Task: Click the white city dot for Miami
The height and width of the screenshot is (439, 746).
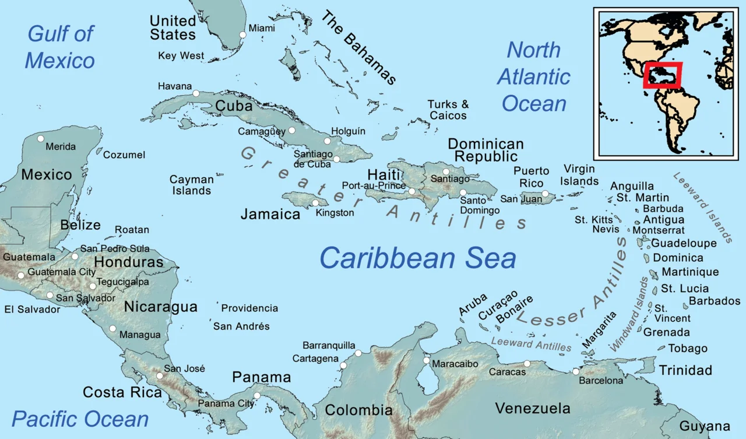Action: point(243,35)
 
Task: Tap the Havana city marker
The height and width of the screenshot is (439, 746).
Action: point(196,93)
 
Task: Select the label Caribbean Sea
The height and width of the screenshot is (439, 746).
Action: point(418,258)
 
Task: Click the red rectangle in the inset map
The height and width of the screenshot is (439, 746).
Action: point(663,75)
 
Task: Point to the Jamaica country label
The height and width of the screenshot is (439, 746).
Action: point(270,214)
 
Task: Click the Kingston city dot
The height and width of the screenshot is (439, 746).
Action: point(315,203)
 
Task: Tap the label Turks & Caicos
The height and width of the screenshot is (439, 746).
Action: point(448,110)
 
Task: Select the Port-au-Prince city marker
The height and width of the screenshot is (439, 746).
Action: point(412,191)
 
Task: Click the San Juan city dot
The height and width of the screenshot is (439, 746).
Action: point(545,194)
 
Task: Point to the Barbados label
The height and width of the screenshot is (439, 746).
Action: point(715,301)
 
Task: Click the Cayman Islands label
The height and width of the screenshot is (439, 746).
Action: point(191,185)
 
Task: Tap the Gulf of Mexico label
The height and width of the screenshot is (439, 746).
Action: point(60,47)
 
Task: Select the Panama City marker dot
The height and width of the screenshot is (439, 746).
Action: point(257,395)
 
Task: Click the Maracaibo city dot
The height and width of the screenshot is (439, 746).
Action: point(427,361)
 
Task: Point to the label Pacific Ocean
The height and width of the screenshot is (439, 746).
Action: point(80,419)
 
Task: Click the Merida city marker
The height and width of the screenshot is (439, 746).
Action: point(40,139)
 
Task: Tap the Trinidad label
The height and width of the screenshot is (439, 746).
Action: point(685,370)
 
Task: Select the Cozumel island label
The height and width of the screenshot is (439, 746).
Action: point(124,155)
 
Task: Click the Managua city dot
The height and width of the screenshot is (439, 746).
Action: point(112,328)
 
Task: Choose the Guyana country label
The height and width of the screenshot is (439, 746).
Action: point(705,426)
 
